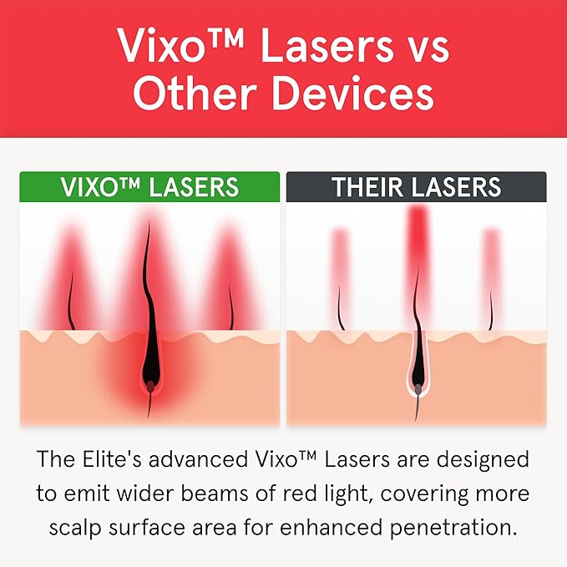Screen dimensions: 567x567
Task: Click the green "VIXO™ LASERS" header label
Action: tap(149, 186)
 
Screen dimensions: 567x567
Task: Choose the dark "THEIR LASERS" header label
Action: tap(416, 186)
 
